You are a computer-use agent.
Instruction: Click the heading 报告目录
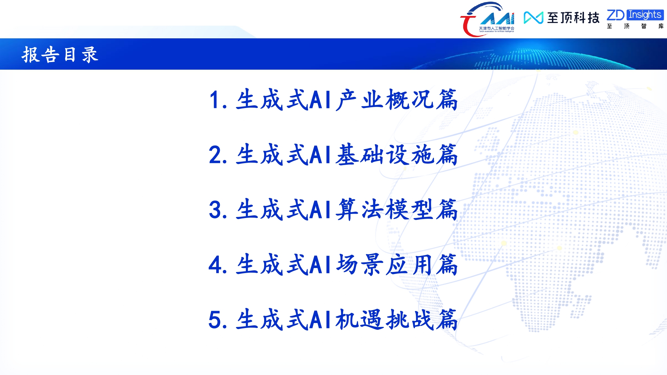click(x=60, y=54)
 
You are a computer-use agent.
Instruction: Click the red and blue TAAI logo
click(x=487, y=19)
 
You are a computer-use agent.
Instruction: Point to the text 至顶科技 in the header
click(x=573, y=18)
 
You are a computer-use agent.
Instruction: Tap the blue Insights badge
click(x=645, y=15)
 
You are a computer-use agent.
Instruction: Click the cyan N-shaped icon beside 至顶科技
click(x=534, y=18)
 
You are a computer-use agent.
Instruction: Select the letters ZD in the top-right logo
click(x=616, y=15)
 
